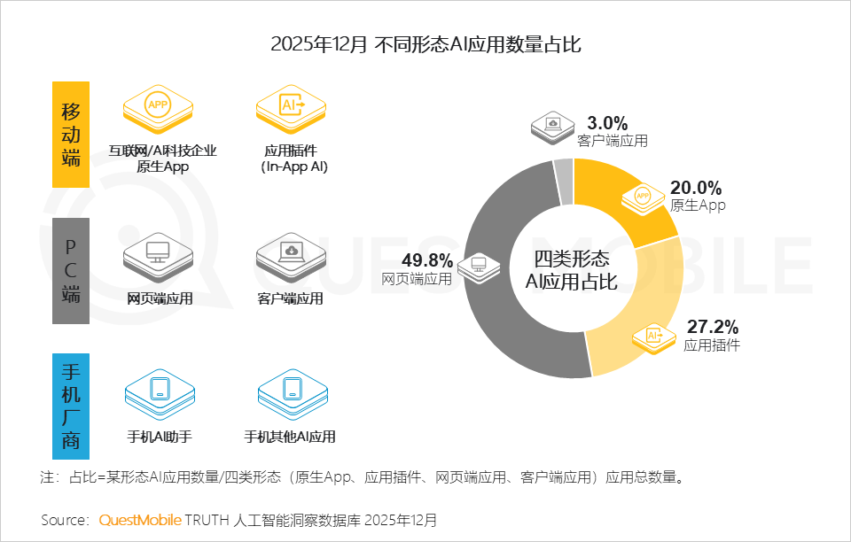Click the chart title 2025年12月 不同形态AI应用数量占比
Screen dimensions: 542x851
(425, 43)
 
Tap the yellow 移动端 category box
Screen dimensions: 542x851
(71, 135)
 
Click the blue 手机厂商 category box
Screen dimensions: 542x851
(71, 406)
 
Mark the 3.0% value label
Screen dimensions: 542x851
(607, 123)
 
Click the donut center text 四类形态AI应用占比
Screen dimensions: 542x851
(572, 270)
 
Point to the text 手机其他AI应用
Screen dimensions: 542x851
(291, 437)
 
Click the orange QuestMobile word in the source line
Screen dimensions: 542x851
(140, 519)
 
